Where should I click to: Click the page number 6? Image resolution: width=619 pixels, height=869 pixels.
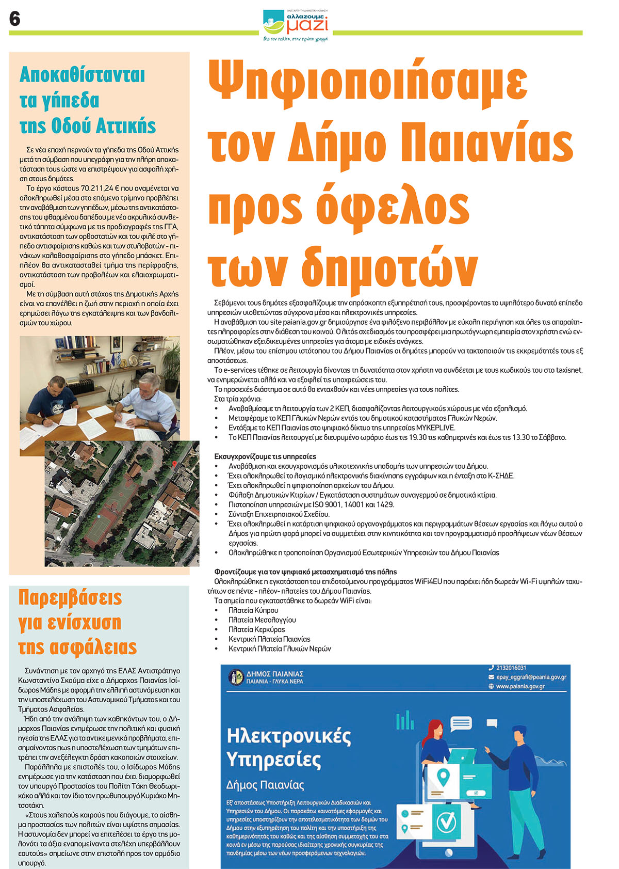tap(15, 19)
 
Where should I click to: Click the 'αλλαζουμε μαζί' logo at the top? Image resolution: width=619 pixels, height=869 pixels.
tap(296, 24)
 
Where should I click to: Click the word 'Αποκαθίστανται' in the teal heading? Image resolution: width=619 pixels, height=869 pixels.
tap(82, 75)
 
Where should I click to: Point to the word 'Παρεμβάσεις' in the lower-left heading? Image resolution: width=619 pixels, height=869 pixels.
tap(70, 598)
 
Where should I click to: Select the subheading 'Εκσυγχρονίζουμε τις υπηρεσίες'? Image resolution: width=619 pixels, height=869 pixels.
tap(265, 456)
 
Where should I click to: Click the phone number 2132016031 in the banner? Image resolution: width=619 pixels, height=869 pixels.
tap(511, 668)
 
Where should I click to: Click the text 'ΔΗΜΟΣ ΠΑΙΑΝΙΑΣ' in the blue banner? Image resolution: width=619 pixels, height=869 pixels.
tap(274, 673)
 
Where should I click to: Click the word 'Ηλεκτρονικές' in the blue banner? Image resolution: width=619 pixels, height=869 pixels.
tap(289, 735)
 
